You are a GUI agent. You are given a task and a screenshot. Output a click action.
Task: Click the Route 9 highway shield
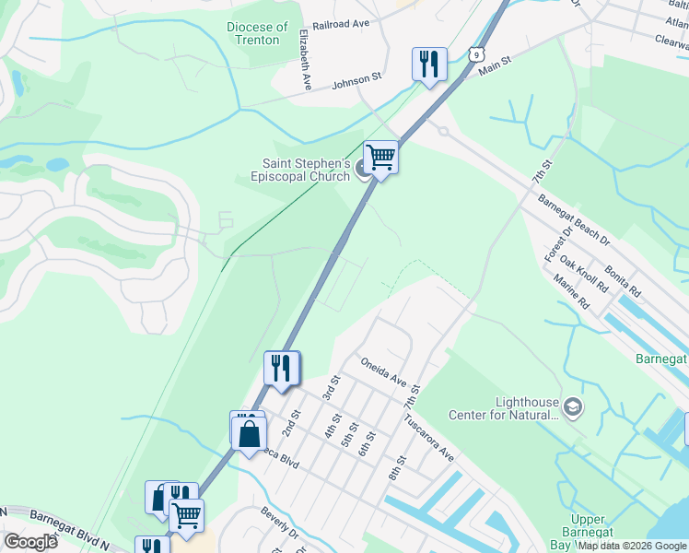[x=475, y=55]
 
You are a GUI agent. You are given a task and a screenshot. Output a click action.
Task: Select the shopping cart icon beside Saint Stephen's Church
[x=380, y=158]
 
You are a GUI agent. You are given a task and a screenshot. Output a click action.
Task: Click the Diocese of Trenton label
[x=257, y=34]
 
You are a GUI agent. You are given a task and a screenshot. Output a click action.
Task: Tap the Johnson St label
[x=356, y=80]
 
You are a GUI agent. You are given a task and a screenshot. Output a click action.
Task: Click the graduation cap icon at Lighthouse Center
[x=573, y=407]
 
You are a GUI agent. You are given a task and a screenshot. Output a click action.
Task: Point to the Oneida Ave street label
[x=383, y=372]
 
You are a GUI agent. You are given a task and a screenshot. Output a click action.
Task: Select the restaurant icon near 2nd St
[x=282, y=368]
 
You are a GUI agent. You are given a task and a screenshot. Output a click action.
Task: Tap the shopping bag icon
[x=250, y=433]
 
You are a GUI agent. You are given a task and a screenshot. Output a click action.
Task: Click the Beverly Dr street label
[x=279, y=524]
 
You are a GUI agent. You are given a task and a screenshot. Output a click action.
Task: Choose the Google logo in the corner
[x=29, y=542]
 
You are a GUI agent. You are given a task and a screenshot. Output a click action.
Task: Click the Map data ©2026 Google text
[x=633, y=546]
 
